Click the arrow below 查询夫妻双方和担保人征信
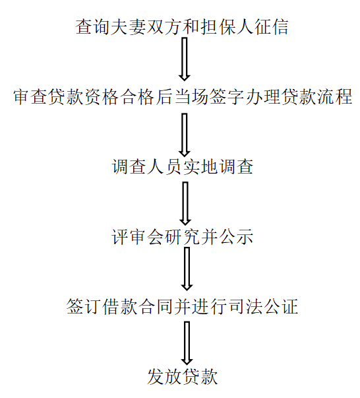click(185, 59)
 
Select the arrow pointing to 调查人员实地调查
click(185, 135)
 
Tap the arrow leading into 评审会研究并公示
click(185, 203)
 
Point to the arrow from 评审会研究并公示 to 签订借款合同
click(187, 269)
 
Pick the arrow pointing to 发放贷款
click(187, 343)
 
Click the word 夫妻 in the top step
click(129, 26)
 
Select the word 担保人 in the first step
click(227, 26)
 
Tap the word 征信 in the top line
click(271, 26)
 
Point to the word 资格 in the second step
click(102, 97)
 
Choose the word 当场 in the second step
click(191, 97)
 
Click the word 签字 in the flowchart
click(227, 97)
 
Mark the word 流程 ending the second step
click(335, 97)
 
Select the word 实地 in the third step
click(200, 167)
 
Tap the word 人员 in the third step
click(164, 167)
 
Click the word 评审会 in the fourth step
click(138, 237)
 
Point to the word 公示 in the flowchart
click(236, 237)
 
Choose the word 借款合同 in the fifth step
click(137, 307)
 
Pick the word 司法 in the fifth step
click(245, 307)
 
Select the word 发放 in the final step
click(164, 377)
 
